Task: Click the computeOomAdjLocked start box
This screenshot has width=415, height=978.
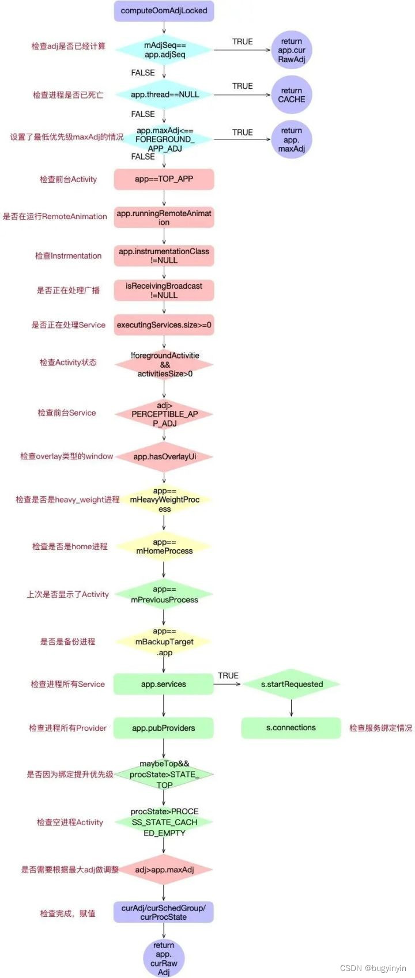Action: (x=164, y=11)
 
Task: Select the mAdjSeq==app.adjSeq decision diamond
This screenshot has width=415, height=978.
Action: (x=164, y=50)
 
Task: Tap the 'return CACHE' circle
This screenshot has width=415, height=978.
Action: (x=291, y=95)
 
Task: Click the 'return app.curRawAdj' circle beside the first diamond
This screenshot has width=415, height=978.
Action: (x=291, y=50)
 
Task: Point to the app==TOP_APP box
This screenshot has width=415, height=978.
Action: (x=164, y=179)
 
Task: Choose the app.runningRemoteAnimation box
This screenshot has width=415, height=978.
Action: (x=164, y=218)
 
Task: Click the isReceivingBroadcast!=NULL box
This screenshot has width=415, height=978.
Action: (x=164, y=290)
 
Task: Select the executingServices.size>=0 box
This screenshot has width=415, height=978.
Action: (x=164, y=325)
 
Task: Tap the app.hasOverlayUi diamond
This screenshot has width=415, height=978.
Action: (x=164, y=457)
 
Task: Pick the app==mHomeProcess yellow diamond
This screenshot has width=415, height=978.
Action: (x=164, y=546)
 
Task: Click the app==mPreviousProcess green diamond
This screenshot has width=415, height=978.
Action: (x=164, y=595)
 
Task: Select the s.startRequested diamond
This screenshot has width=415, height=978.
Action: (x=291, y=685)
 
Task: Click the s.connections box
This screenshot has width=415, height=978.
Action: (x=291, y=728)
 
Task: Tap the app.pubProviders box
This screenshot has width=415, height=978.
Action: (x=164, y=728)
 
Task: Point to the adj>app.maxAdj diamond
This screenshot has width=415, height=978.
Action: (x=164, y=870)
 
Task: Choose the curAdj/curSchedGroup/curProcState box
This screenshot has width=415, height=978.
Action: (x=164, y=912)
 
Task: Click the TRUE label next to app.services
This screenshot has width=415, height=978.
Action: (x=228, y=675)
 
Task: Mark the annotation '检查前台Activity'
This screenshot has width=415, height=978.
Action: (x=68, y=179)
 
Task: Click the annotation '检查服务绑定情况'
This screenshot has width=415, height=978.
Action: (x=380, y=728)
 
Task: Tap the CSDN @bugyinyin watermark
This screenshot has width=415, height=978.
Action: (x=373, y=968)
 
